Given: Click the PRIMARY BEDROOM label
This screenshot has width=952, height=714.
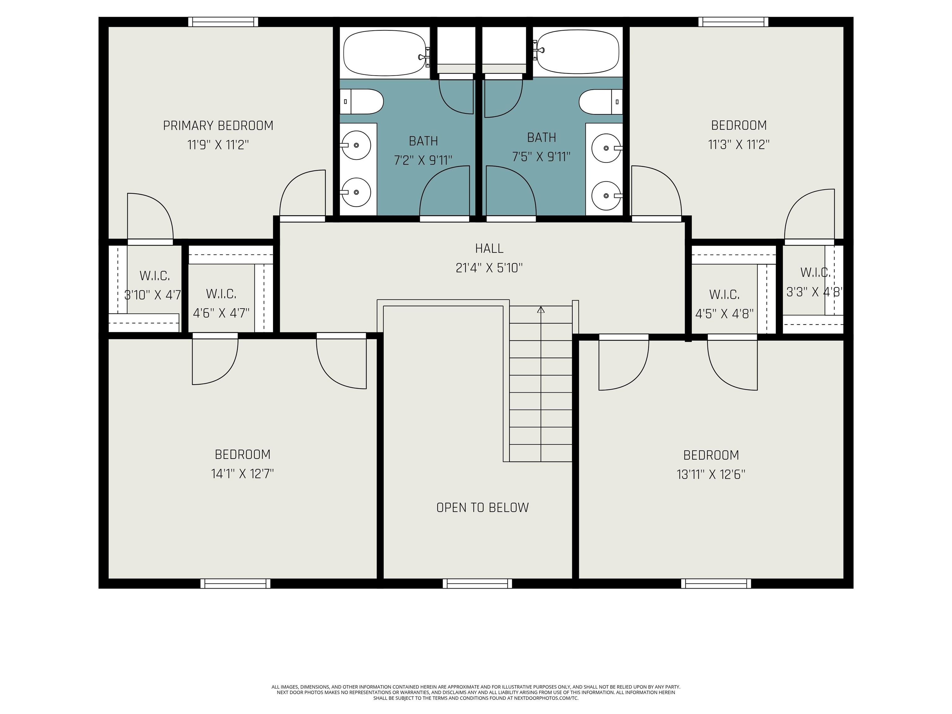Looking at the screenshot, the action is tap(218, 126).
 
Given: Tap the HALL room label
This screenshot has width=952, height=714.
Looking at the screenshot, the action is tap(489, 248).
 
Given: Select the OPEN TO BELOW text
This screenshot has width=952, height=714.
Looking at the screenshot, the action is tap(483, 507).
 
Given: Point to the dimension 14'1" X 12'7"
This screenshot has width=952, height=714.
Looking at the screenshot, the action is tap(242, 474).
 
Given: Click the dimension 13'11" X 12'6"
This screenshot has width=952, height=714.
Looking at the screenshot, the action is tap(711, 474).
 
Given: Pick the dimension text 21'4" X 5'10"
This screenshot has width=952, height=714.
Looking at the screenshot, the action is tap(489, 268).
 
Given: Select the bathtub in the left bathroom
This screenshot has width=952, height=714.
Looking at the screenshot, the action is tap(385, 52).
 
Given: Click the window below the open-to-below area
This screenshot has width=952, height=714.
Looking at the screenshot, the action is tap(477, 584).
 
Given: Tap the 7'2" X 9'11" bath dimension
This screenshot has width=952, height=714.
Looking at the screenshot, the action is tap(423, 161).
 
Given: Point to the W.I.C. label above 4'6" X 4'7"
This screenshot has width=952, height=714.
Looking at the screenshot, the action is tap(221, 294).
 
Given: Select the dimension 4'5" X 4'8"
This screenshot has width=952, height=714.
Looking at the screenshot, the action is tap(724, 314).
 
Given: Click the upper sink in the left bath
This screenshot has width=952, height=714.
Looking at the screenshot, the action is tap(356, 145).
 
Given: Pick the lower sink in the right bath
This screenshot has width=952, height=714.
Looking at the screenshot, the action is tap(606, 196).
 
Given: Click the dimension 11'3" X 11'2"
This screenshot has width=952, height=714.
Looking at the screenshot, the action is tap(739, 145).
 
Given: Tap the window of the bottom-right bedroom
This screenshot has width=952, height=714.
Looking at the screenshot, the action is tap(716, 584).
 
